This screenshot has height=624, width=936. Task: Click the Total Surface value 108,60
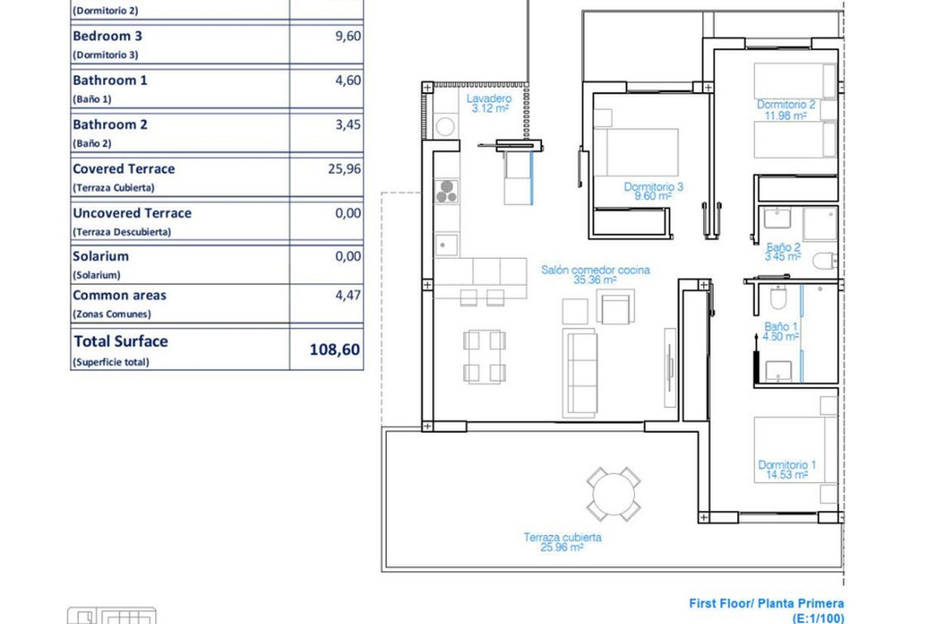point(335,349)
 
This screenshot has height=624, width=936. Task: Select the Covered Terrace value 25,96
point(344,168)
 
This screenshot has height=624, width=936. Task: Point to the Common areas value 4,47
point(348,296)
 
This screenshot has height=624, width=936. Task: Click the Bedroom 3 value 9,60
point(348,36)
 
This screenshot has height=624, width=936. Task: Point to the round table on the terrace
point(613,495)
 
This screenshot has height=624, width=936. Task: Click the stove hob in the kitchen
point(447,191)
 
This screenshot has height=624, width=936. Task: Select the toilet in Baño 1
point(778,297)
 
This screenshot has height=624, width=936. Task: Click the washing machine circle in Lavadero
point(445,126)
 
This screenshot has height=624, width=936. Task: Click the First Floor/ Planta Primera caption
point(766,604)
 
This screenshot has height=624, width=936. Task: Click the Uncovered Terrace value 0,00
point(348,213)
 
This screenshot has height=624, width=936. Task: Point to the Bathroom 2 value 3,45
point(348,125)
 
